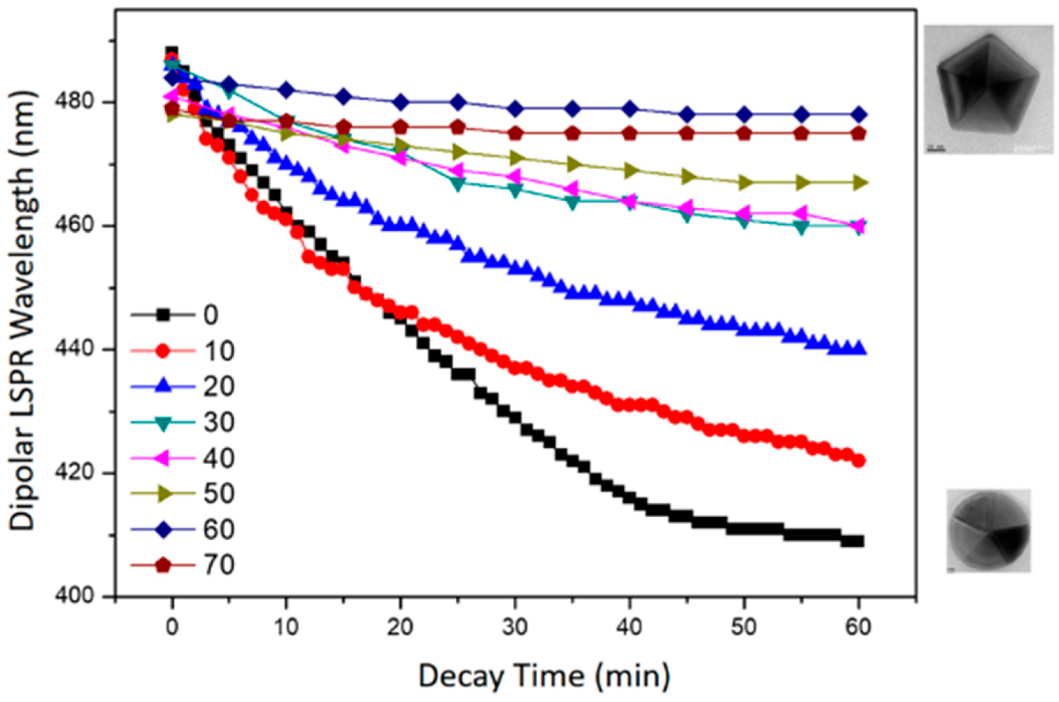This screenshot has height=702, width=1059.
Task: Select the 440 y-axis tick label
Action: pos(74,349)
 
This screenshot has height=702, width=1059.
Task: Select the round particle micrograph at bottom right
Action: pos(988,531)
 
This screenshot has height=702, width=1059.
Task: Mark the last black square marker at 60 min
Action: pos(858,541)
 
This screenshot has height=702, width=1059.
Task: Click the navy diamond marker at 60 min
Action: pos(858,115)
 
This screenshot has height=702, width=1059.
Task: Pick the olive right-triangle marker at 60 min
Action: pos(858,183)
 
